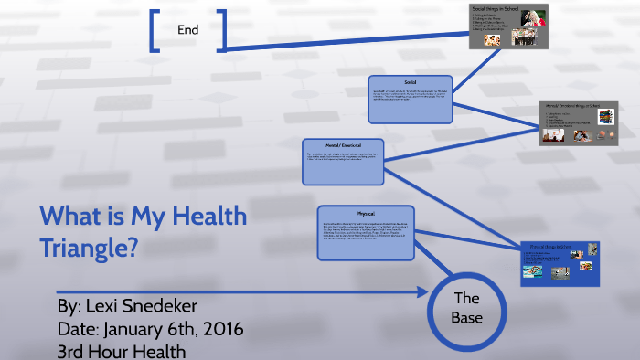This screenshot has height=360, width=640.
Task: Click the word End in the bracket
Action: [x=188, y=29]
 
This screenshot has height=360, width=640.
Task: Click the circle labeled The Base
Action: [x=466, y=309]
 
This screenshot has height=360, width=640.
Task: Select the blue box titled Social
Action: [x=411, y=100]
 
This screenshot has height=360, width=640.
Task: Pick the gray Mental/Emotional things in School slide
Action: [x=578, y=122]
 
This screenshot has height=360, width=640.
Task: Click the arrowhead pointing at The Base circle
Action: [x=422, y=292]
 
